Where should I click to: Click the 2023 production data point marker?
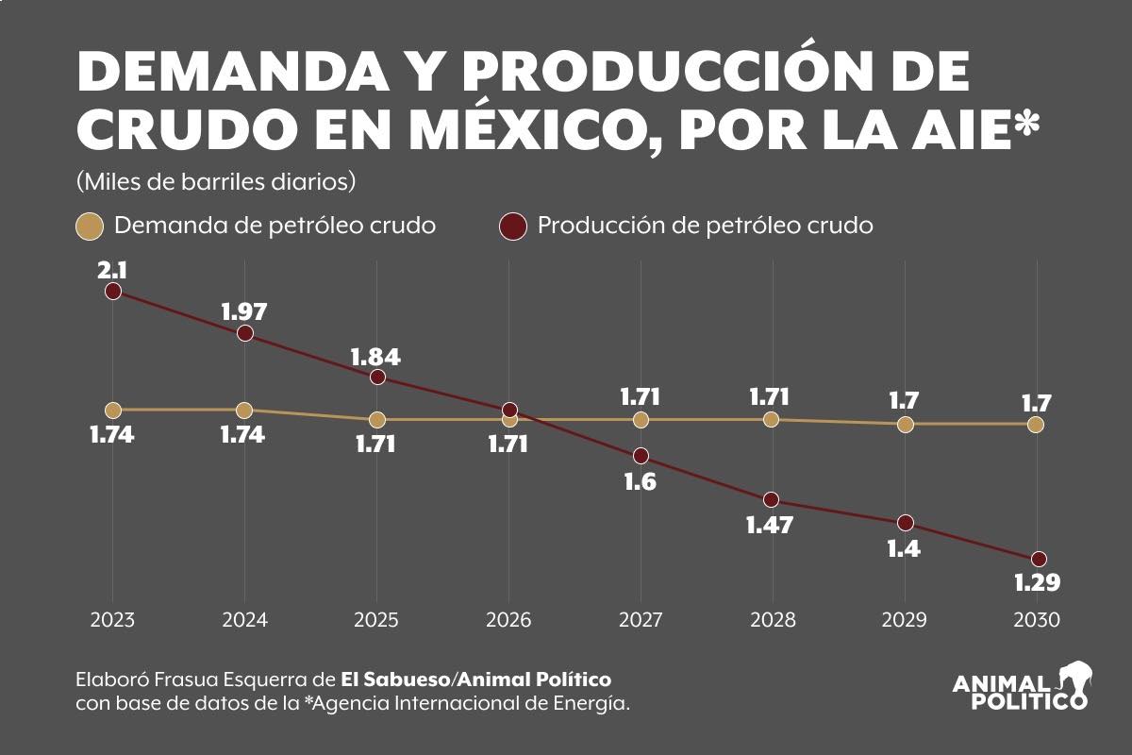pyautogui.click(x=113, y=291)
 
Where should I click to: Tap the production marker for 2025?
pyautogui.click(x=377, y=377)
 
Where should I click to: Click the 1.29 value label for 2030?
pyautogui.click(x=1036, y=583)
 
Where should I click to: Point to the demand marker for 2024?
pyautogui.click(x=244, y=410)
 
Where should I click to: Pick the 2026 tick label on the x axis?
pyautogui.click(x=508, y=620)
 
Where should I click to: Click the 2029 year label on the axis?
pyautogui.click(x=905, y=620)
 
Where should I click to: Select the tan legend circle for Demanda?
pyautogui.click(x=89, y=226)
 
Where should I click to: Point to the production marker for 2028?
pyautogui.click(x=772, y=499)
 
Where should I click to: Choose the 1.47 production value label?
pyautogui.click(x=770, y=526)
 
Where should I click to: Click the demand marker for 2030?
pyautogui.click(x=1036, y=425)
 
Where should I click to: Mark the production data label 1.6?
pyautogui.click(x=640, y=481)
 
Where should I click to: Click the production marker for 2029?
pyautogui.click(x=906, y=522)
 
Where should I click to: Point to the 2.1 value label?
pyautogui.click(x=112, y=270)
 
